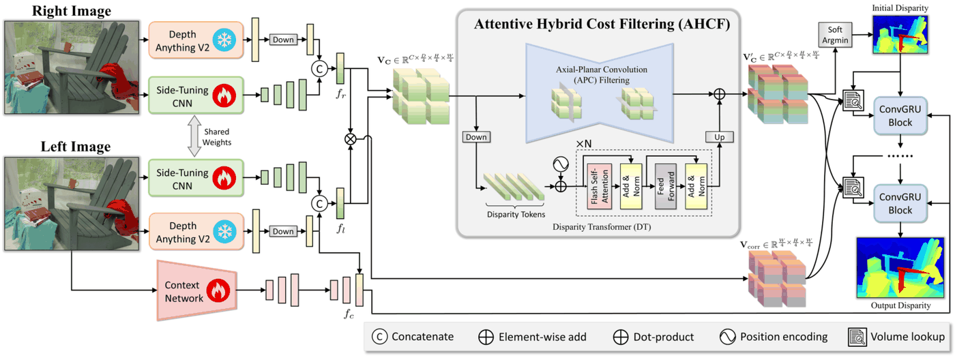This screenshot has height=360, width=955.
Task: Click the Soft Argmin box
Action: pyautogui.click(x=835, y=35)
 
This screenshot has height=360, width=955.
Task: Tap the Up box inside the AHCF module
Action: pyautogui.click(x=719, y=137)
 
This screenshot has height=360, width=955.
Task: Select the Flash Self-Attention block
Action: pyautogui.click(x=600, y=186)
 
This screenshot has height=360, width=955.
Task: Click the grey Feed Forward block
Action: pyautogui.click(x=666, y=186)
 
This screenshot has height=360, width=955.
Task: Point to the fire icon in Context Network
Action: pyautogui.click(x=218, y=290)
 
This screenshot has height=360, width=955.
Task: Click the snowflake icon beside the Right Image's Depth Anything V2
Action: pyautogui.click(x=224, y=40)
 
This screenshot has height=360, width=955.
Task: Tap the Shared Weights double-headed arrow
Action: pyautogui.click(x=194, y=136)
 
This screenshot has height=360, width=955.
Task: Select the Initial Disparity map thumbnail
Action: pyautogui.click(x=900, y=35)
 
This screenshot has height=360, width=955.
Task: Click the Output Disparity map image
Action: pyautogui.click(x=900, y=267)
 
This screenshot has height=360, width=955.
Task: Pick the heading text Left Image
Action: pyautogui.click(x=76, y=147)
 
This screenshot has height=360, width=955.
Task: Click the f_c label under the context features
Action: pyautogui.click(x=349, y=314)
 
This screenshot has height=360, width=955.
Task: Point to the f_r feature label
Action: pyautogui.click(x=340, y=93)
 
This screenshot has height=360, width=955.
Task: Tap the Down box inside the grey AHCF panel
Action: pyautogui.click(x=476, y=137)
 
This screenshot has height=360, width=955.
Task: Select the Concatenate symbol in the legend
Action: pyautogui.click(x=379, y=337)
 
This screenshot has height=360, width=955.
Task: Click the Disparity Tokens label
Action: pyautogui.click(x=516, y=214)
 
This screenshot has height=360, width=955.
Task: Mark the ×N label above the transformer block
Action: pyautogui.click(x=584, y=144)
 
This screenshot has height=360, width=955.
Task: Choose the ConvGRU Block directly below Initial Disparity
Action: pyautogui.click(x=900, y=116)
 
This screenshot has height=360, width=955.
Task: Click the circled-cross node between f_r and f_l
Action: pyautogui.click(x=350, y=139)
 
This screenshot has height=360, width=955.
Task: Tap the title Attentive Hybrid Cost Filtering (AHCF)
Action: pyautogui.click(x=602, y=24)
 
